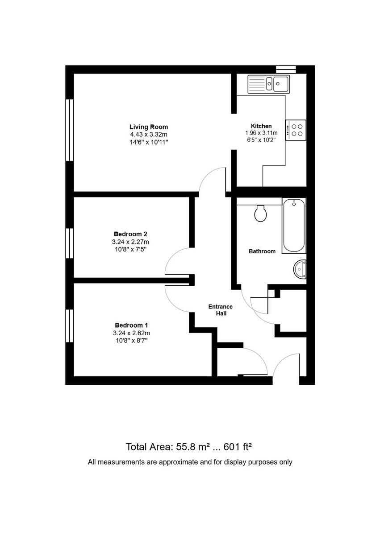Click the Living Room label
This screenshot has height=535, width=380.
pos(149,127)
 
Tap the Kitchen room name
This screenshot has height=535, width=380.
pos(261,126)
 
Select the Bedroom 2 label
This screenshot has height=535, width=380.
pos(130,234)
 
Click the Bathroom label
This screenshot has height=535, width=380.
pos(262,251)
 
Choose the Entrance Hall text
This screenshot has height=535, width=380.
pos(221,310)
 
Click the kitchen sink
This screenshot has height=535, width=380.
pos(269,83)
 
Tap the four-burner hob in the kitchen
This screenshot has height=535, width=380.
pos(296,130)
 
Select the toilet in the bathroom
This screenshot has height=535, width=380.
pos(260,213)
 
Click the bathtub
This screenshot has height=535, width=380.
pos(294,226)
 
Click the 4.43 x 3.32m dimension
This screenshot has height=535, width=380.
pos(149,135)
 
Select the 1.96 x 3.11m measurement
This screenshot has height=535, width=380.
pos(261,133)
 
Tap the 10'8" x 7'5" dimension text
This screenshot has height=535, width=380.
pos(130,249)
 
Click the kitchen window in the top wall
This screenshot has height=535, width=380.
pos(286,69)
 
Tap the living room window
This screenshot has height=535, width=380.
pos(69,130)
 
